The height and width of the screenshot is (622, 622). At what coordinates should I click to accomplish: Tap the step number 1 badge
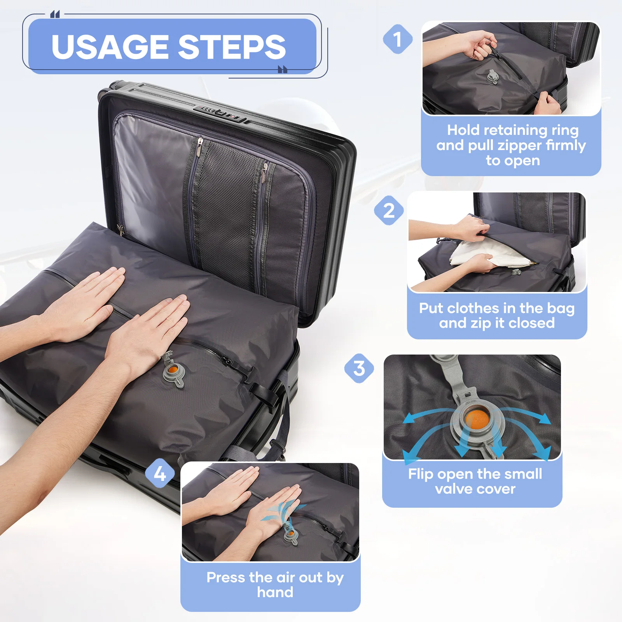click(397, 39)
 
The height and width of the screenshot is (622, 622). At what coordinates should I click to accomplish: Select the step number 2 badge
click(389, 211)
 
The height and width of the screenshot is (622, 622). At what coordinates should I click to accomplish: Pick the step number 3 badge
click(359, 368)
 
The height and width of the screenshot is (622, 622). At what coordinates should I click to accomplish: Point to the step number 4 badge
click(160, 473)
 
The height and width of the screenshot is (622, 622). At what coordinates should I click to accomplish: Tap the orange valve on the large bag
click(173, 369)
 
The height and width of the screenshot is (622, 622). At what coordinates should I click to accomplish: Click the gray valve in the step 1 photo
click(492, 76)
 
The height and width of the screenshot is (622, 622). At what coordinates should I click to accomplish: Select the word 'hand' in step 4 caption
click(275, 592)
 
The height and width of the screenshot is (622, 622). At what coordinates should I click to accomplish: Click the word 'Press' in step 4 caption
click(226, 578)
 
